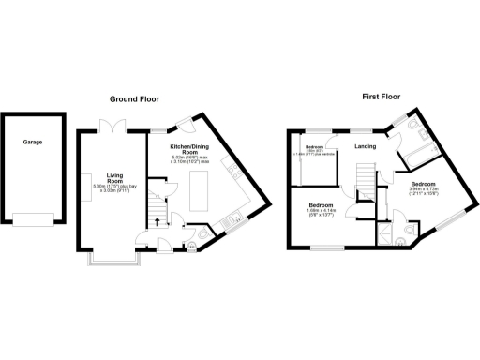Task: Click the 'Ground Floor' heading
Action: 139,98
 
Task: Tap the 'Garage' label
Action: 33,143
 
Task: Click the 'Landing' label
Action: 367,146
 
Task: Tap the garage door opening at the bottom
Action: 34,220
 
